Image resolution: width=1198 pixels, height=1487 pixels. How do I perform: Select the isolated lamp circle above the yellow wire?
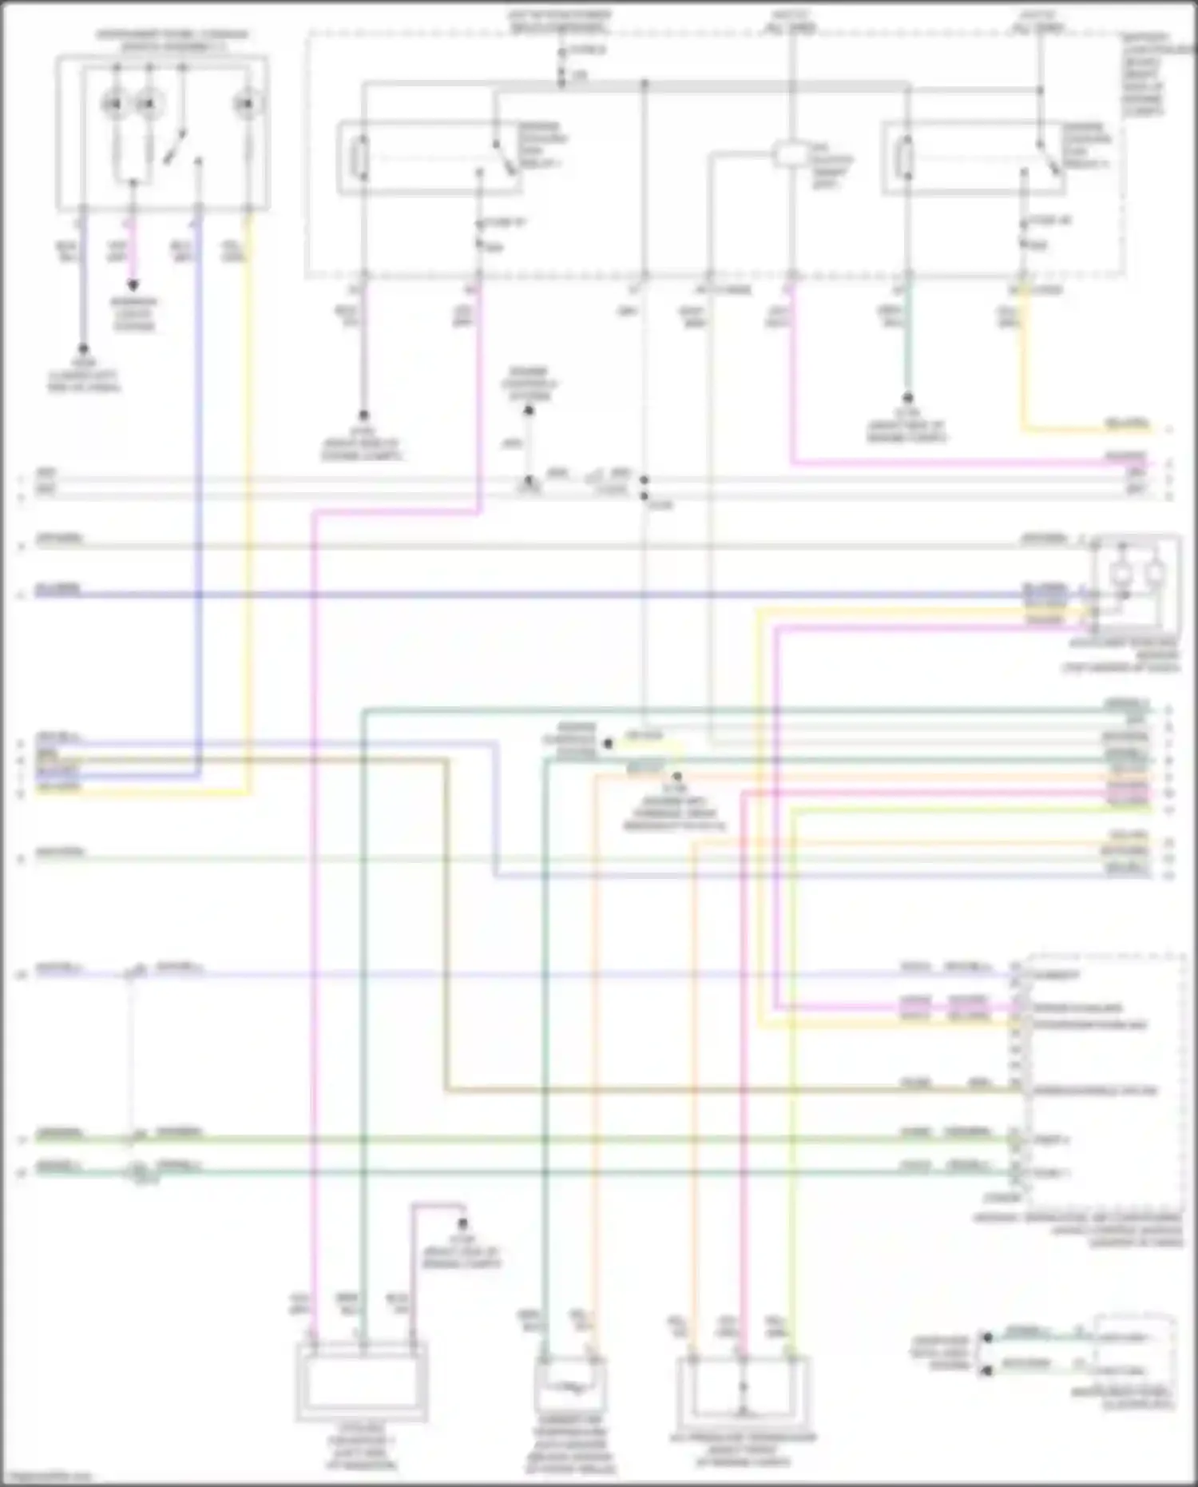tap(248, 104)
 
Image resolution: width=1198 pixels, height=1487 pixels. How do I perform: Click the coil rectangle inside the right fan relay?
tap(906, 157)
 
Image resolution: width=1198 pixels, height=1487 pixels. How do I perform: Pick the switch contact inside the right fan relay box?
tap(1045, 157)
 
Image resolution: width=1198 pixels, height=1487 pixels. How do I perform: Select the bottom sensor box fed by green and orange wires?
tap(569, 1388)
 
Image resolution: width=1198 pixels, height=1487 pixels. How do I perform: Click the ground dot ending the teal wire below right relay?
tap(907, 397)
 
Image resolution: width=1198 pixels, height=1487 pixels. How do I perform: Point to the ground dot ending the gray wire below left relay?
tap(363, 415)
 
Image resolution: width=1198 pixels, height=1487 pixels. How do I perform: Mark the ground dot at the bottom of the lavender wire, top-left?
tap(81, 350)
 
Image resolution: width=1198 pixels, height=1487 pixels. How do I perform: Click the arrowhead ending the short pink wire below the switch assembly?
tap(133, 285)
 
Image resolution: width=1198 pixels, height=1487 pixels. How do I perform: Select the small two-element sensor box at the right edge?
tap(1137, 578)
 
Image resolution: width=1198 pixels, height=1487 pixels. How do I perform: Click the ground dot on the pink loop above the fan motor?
tap(462, 1224)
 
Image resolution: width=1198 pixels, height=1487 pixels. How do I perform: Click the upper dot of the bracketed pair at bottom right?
tap(987, 1337)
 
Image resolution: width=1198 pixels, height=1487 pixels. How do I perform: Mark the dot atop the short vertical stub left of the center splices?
tap(529, 412)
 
